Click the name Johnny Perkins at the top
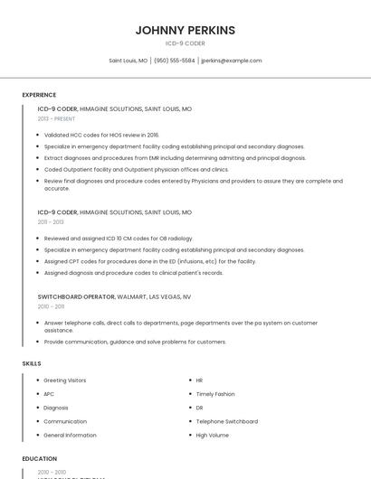click(x=185, y=30)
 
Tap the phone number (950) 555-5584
click(x=175, y=61)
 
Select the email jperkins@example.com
click(x=232, y=61)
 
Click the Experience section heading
click(x=39, y=95)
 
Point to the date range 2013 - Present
click(x=56, y=118)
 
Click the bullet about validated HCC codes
click(x=100, y=135)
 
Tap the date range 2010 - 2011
click(x=51, y=306)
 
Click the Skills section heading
click(x=32, y=363)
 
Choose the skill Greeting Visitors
click(x=65, y=380)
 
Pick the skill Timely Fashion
click(x=215, y=394)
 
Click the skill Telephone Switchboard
click(x=227, y=421)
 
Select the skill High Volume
click(x=212, y=435)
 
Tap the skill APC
click(x=49, y=394)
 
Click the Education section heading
click(x=40, y=459)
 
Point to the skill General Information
click(x=70, y=435)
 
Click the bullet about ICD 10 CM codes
click(x=119, y=239)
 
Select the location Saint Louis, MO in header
click(x=128, y=61)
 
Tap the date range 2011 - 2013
click(x=51, y=221)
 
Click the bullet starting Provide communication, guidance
click(x=135, y=342)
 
